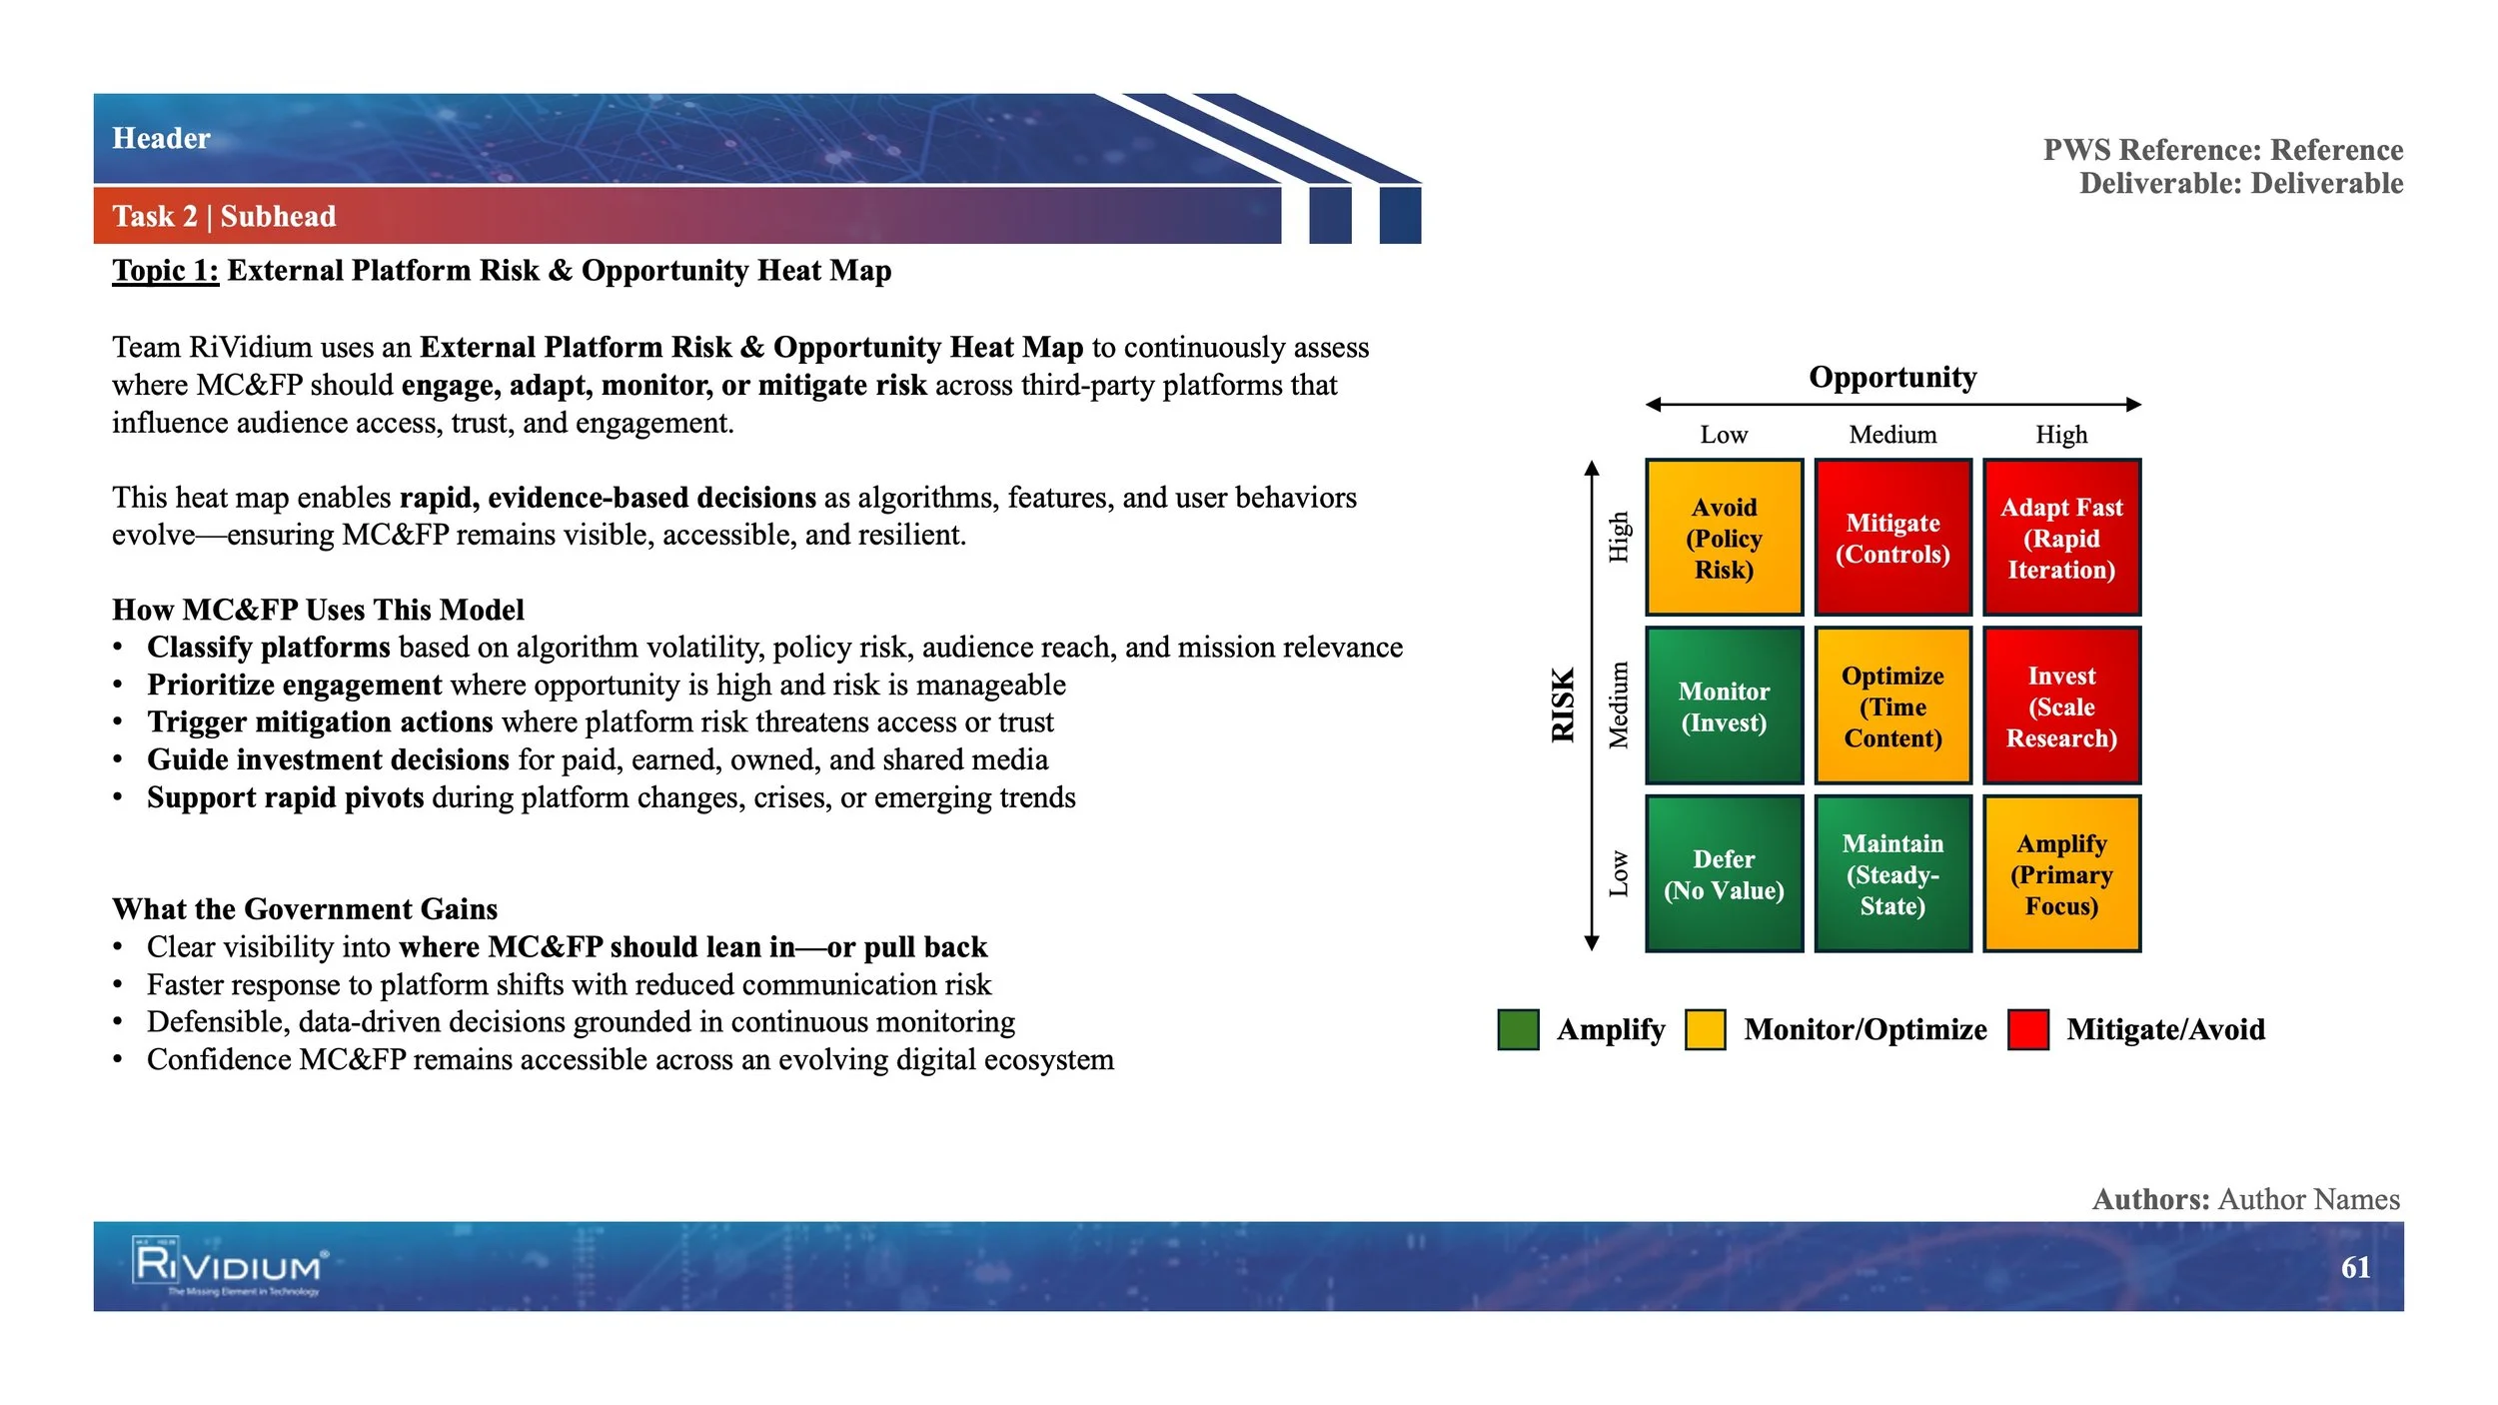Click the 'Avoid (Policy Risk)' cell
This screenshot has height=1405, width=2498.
click(x=1724, y=538)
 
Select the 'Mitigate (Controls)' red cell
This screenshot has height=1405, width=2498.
click(x=1892, y=538)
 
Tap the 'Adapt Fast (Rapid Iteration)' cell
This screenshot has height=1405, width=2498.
click(x=2061, y=538)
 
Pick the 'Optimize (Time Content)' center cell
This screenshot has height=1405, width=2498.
click(x=1892, y=705)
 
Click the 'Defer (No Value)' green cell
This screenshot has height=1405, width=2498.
click(x=1724, y=873)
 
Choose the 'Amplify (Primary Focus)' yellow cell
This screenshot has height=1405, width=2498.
click(x=2061, y=873)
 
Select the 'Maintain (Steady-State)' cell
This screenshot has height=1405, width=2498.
click(x=1892, y=873)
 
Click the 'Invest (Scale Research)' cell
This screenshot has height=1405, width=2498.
click(x=2061, y=705)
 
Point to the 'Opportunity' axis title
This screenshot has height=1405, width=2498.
click(x=1892, y=377)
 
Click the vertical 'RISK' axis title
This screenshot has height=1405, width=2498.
click(x=1563, y=704)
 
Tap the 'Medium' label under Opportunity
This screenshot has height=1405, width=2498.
click(x=1892, y=435)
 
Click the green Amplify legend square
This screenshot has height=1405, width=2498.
click(x=1518, y=1029)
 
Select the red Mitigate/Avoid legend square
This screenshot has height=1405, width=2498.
click(x=2027, y=1029)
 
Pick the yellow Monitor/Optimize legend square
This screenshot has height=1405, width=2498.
click(x=1705, y=1029)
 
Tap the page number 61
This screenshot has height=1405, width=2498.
click(x=2355, y=1267)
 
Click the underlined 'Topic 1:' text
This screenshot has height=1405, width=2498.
click(x=165, y=271)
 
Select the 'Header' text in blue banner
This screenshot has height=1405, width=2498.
click(x=161, y=138)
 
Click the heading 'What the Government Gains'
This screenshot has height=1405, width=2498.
click(x=305, y=908)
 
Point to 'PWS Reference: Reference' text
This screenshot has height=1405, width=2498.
click(x=2222, y=150)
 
